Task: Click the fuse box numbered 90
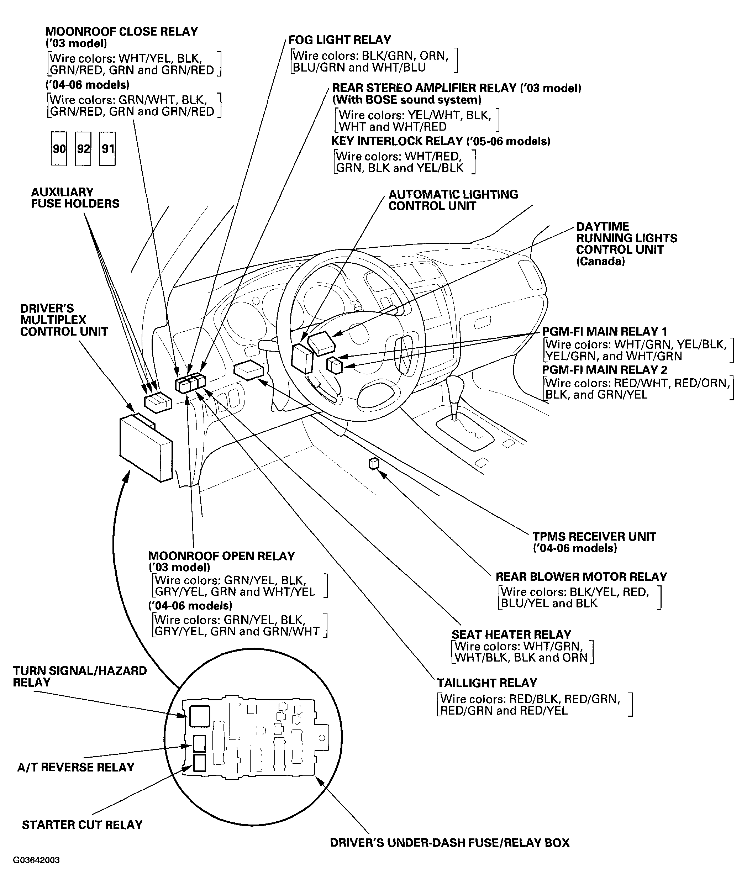click(x=59, y=149)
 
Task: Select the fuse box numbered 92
click(x=83, y=149)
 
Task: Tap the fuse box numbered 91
click(x=107, y=149)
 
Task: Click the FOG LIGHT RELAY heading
click(x=340, y=40)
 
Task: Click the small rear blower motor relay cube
click(x=374, y=464)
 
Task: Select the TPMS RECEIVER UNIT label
click(x=594, y=537)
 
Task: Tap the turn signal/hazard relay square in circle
click(x=199, y=715)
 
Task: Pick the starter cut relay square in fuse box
click(x=199, y=763)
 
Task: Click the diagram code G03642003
click(x=36, y=860)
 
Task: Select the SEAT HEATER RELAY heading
click(x=511, y=634)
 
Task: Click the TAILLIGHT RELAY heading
click(x=487, y=683)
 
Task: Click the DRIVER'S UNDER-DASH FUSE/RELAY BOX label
click(x=449, y=843)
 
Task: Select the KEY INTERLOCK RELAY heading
click(x=441, y=141)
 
